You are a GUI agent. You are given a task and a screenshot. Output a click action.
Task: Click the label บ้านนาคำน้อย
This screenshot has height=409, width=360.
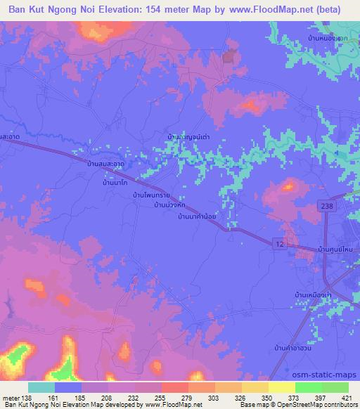click(x=201, y=217)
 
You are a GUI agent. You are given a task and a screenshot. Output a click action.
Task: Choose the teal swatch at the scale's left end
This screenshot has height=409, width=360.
click(x=41, y=387)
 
